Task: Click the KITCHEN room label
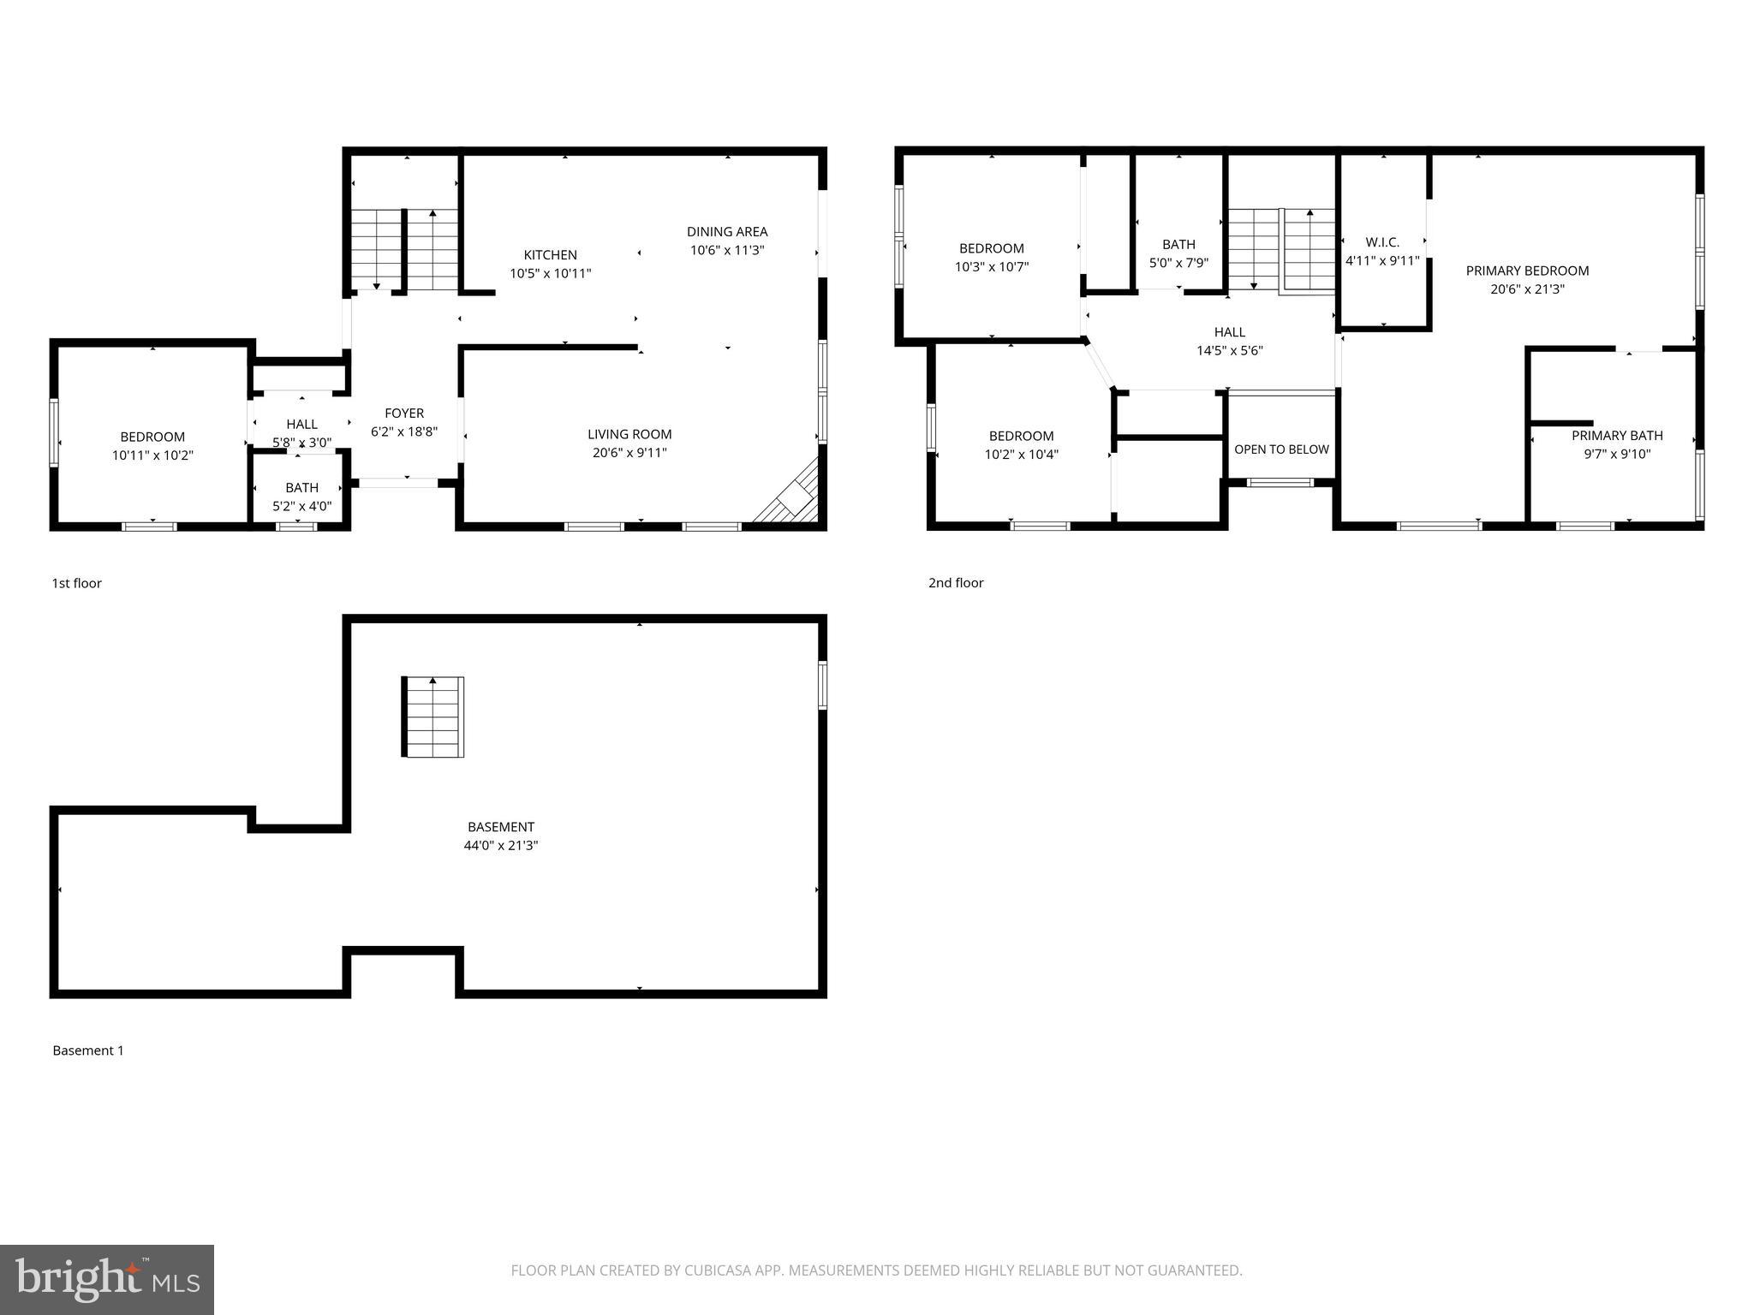pyautogui.click(x=550, y=255)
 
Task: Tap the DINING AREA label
pyautogui.click(x=726, y=232)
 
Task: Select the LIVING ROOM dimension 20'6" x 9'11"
pyautogui.click(x=629, y=453)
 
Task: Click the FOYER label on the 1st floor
pyautogui.click(x=404, y=414)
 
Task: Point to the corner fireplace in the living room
pyautogui.click(x=793, y=497)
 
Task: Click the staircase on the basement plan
pyautogui.click(x=433, y=717)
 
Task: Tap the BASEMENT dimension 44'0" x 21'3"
pyautogui.click(x=501, y=846)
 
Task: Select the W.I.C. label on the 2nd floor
pyautogui.click(x=1382, y=243)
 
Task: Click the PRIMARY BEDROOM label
pyautogui.click(x=1527, y=271)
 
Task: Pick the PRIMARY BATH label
pyautogui.click(x=1617, y=436)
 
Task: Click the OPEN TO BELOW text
pyautogui.click(x=1281, y=449)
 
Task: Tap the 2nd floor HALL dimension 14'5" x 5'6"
pyautogui.click(x=1230, y=351)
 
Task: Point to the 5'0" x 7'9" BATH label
pyautogui.click(x=1178, y=245)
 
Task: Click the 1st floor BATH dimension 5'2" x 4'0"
pyautogui.click(x=301, y=507)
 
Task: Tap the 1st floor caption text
pyautogui.click(x=77, y=583)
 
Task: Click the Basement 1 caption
pyautogui.click(x=88, y=1050)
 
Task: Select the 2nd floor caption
pyautogui.click(x=956, y=583)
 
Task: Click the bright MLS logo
pyautogui.click(x=107, y=1279)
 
